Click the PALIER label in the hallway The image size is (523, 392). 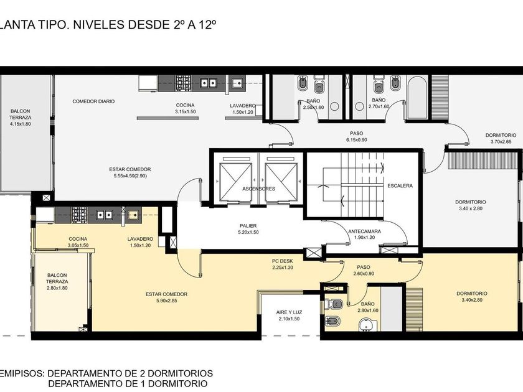[248, 226]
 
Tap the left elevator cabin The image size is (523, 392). [235, 182]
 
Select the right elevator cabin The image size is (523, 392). [281, 182]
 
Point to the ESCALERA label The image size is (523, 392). [400, 185]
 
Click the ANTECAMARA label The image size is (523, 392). [365, 231]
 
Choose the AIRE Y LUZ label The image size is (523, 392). [289, 312]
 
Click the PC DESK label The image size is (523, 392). [283, 261]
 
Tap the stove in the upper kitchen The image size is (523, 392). [184, 82]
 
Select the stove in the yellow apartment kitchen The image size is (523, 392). [79, 215]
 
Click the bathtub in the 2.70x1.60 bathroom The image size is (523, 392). [417, 97]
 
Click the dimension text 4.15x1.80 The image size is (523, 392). [21, 124]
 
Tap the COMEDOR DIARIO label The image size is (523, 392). [93, 101]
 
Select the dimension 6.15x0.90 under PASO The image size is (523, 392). [356, 140]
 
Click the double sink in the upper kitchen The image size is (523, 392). [209, 83]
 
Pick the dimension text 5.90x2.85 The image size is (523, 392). [166, 301]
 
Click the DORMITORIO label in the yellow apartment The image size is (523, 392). [472, 293]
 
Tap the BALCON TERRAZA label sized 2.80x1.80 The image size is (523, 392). [57, 278]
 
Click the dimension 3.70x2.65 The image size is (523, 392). [501, 142]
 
